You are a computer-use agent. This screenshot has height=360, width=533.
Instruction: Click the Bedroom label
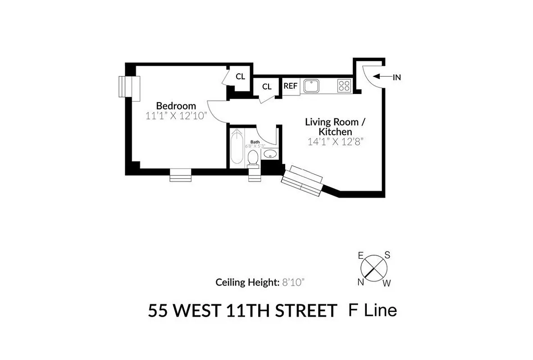(176, 106)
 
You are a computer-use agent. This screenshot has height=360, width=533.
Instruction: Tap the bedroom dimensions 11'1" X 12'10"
(176, 116)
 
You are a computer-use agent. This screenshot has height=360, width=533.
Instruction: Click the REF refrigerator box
(291, 85)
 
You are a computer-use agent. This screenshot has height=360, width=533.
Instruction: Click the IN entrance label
(396, 77)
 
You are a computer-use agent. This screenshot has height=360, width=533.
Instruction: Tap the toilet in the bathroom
(253, 158)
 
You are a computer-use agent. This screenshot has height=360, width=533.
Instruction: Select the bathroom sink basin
(270, 154)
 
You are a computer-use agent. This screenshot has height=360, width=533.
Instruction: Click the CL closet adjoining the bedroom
(240, 76)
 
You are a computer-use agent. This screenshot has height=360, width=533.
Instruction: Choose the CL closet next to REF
(267, 86)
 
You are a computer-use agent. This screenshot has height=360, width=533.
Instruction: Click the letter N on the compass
(361, 282)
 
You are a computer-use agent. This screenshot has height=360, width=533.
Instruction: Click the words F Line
(373, 310)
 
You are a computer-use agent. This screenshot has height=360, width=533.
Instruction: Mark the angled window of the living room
(301, 181)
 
